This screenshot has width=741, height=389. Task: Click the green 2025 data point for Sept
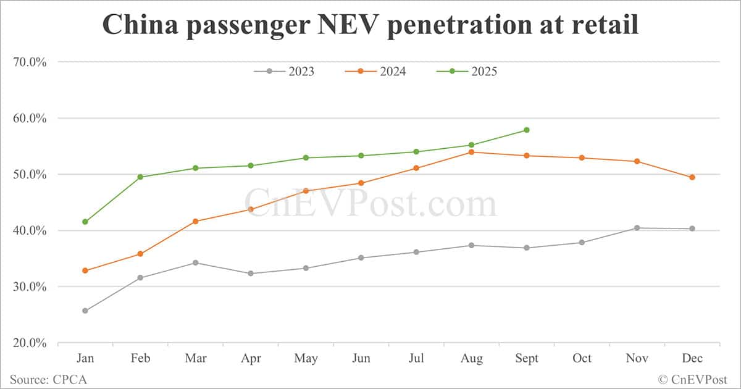point(527,130)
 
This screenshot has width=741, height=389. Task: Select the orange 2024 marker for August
point(472,152)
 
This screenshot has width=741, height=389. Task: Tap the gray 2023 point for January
point(85,311)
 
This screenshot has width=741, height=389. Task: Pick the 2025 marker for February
point(140,177)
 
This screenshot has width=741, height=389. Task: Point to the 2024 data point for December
point(692,177)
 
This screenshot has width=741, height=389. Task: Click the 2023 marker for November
point(637,228)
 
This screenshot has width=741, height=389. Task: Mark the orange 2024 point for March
point(196,221)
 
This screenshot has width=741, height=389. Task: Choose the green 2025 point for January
point(85,222)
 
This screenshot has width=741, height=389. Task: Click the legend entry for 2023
point(284,72)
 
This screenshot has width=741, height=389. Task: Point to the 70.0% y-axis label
point(30,62)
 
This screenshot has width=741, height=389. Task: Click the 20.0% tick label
point(30,343)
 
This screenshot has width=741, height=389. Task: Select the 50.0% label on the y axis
point(30,174)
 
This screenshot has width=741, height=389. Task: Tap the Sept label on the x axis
point(527,358)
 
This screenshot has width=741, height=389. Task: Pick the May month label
point(306,358)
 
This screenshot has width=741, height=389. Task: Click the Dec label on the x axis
point(692,358)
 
